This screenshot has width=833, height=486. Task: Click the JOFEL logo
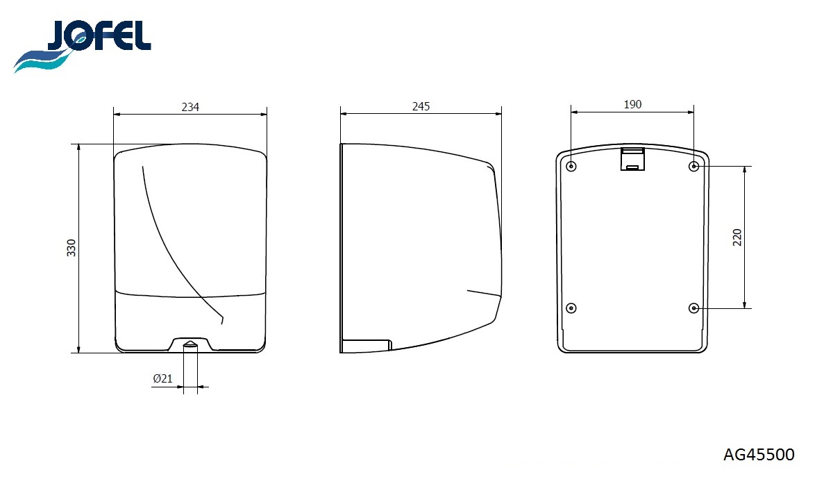(82, 45)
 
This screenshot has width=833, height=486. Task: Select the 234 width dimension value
(190, 107)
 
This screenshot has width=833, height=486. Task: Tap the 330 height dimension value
(71, 248)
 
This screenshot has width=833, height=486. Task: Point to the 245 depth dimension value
(421, 106)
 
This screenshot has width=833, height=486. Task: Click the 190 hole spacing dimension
(632, 104)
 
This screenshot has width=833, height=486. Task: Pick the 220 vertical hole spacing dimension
(737, 237)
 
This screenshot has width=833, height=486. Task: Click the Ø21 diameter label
(163, 378)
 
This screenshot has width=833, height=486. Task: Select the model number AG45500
(759, 454)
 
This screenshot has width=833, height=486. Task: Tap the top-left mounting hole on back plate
(571, 166)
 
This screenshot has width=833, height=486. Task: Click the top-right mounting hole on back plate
(694, 166)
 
